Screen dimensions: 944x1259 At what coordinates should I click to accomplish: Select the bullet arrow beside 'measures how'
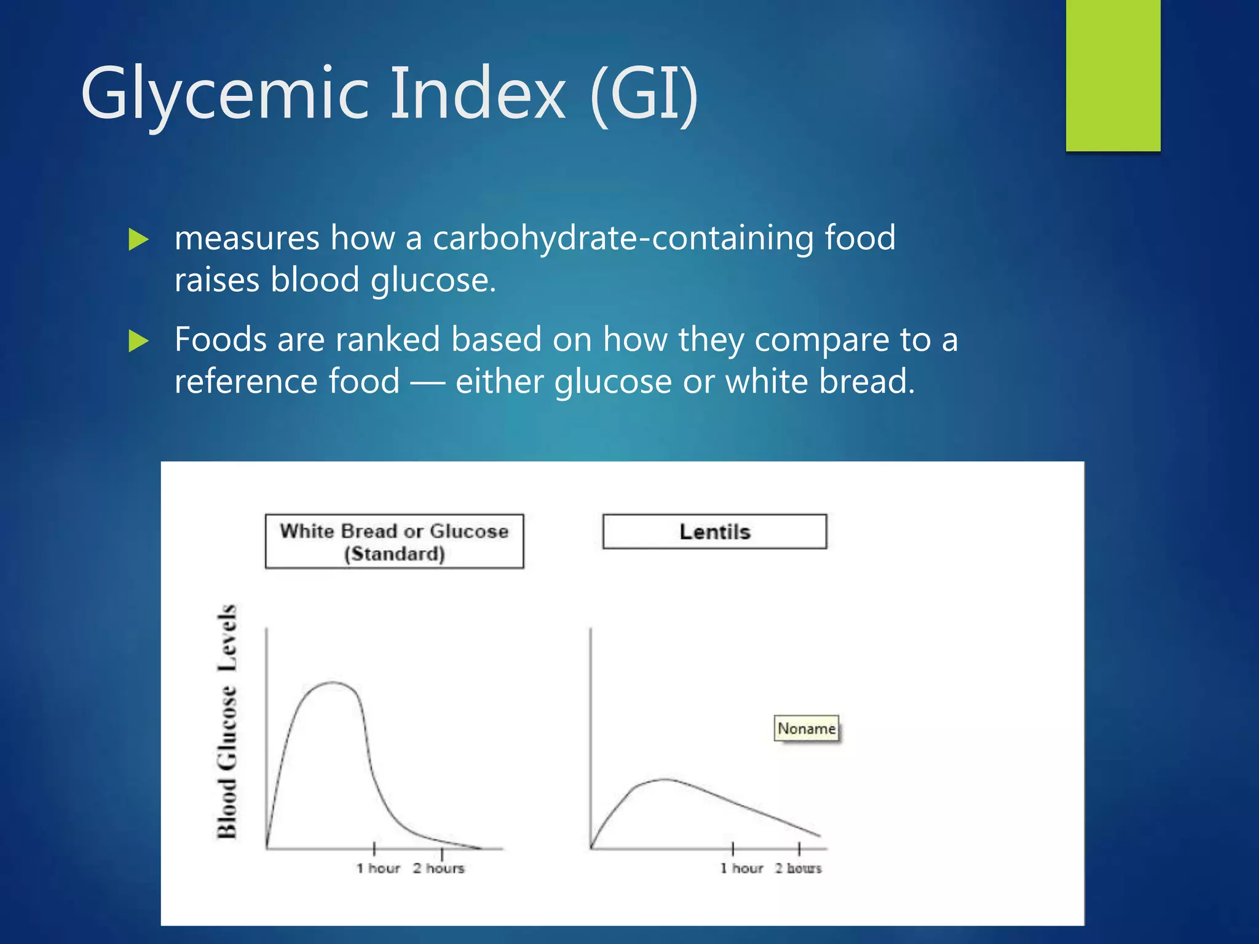(x=139, y=240)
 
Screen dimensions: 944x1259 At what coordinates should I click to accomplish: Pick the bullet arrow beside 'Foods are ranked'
(x=139, y=341)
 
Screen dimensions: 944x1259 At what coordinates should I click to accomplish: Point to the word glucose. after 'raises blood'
(x=433, y=281)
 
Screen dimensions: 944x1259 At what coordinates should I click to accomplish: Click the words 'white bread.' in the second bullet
(x=820, y=382)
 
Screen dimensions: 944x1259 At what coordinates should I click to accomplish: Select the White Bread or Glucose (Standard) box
(x=394, y=541)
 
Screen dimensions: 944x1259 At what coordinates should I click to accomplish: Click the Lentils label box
(x=714, y=532)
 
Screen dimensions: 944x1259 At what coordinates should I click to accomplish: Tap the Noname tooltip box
(x=806, y=729)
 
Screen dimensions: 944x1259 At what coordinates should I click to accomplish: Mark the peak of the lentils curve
(x=665, y=779)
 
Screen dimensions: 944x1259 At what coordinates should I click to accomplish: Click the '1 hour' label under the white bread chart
(x=378, y=868)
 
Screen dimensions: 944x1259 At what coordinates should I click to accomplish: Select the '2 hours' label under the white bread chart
(x=438, y=868)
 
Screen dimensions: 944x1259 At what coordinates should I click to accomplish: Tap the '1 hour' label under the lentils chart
(x=741, y=868)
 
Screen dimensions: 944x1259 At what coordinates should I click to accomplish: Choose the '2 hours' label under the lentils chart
(x=798, y=868)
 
